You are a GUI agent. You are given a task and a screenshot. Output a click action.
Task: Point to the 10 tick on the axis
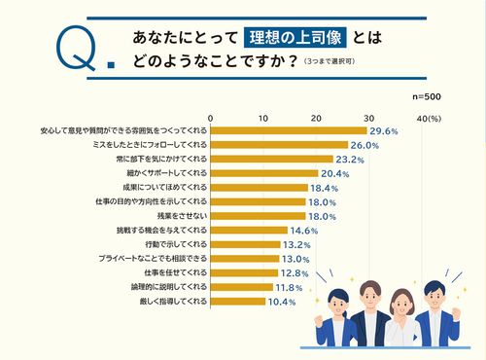pos(262,118)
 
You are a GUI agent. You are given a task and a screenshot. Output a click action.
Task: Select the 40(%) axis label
pos(429,118)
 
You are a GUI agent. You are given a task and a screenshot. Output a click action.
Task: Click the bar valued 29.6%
pos(288,130)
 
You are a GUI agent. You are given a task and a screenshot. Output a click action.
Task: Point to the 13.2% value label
pos(297,244)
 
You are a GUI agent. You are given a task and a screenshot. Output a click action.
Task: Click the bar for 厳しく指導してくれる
pos(237,302)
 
